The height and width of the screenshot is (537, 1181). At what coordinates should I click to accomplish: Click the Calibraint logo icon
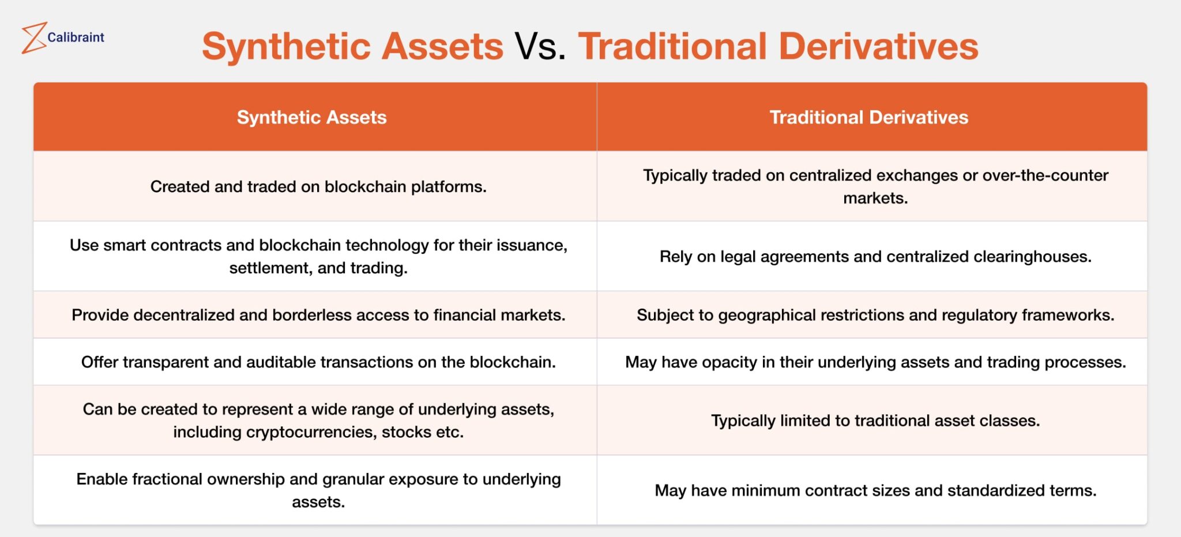click(33, 38)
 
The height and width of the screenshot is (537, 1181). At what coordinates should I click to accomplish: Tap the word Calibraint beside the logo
click(76, 37)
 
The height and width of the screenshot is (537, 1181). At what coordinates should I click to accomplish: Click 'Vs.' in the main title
click(540, 46)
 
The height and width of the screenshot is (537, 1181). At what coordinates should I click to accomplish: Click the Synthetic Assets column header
click(311, 117)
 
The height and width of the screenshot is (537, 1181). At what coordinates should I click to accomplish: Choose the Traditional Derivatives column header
click(868, 117)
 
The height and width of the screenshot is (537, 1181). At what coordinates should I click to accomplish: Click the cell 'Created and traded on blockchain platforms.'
click(318, 186)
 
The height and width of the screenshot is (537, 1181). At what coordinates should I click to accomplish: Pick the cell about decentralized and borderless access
click(318, 315)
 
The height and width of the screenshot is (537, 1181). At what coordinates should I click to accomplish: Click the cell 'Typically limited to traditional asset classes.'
click(875, 420)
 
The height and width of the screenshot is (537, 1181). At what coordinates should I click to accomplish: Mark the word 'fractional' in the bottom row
click(167, 479)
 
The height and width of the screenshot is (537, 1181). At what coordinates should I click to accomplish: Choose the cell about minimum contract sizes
click(875, 490)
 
